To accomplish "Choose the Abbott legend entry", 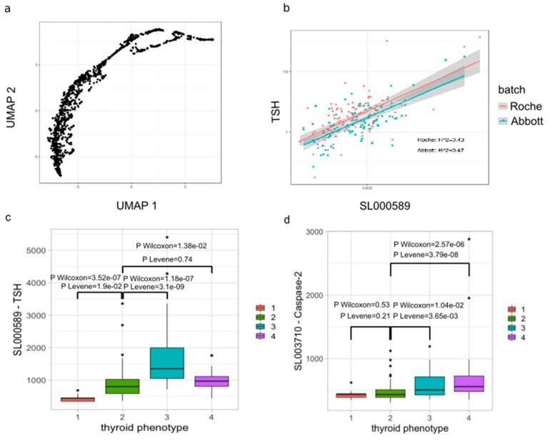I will pyautogui.click(x=530, y=121).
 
